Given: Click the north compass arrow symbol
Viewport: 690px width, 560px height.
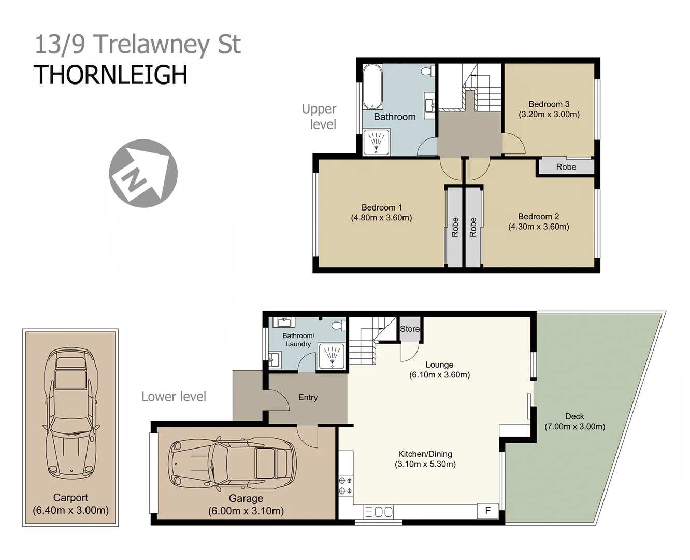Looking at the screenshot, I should (x=143, y=173).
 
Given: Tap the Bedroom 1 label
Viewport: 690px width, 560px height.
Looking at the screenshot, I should (x=381, y=207).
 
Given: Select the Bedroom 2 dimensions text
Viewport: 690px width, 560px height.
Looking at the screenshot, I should (x=538, y=227).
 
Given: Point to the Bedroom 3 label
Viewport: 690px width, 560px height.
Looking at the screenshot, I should (x=549, y=104).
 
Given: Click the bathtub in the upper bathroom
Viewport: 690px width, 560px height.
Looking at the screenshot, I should (x=372, y=86).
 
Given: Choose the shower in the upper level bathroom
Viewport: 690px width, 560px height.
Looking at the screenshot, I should (x=376, y=141).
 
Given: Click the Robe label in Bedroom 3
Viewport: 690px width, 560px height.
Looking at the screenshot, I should (x=566, y=167).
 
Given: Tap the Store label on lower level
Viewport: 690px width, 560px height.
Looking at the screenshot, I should (x=409, y=329).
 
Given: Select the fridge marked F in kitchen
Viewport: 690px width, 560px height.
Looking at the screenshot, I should (x=487, y=511).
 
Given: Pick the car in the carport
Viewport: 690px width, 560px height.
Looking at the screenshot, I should (x=70, y=414).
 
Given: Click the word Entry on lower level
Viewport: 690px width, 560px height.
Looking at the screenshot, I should (x=308, y=397).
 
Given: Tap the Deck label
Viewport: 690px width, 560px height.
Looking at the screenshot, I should (x=574, y=416).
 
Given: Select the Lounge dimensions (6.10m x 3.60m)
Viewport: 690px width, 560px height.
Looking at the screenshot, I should (x=439, y=375).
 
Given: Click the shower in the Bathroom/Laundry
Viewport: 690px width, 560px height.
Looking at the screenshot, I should (x=331, y=356).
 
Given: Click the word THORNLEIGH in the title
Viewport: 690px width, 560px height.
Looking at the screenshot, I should (x=110, y=75).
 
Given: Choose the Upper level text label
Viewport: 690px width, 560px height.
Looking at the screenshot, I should (x=320, y=117).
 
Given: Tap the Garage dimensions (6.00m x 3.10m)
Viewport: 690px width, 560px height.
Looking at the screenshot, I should (x=246, y=511).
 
